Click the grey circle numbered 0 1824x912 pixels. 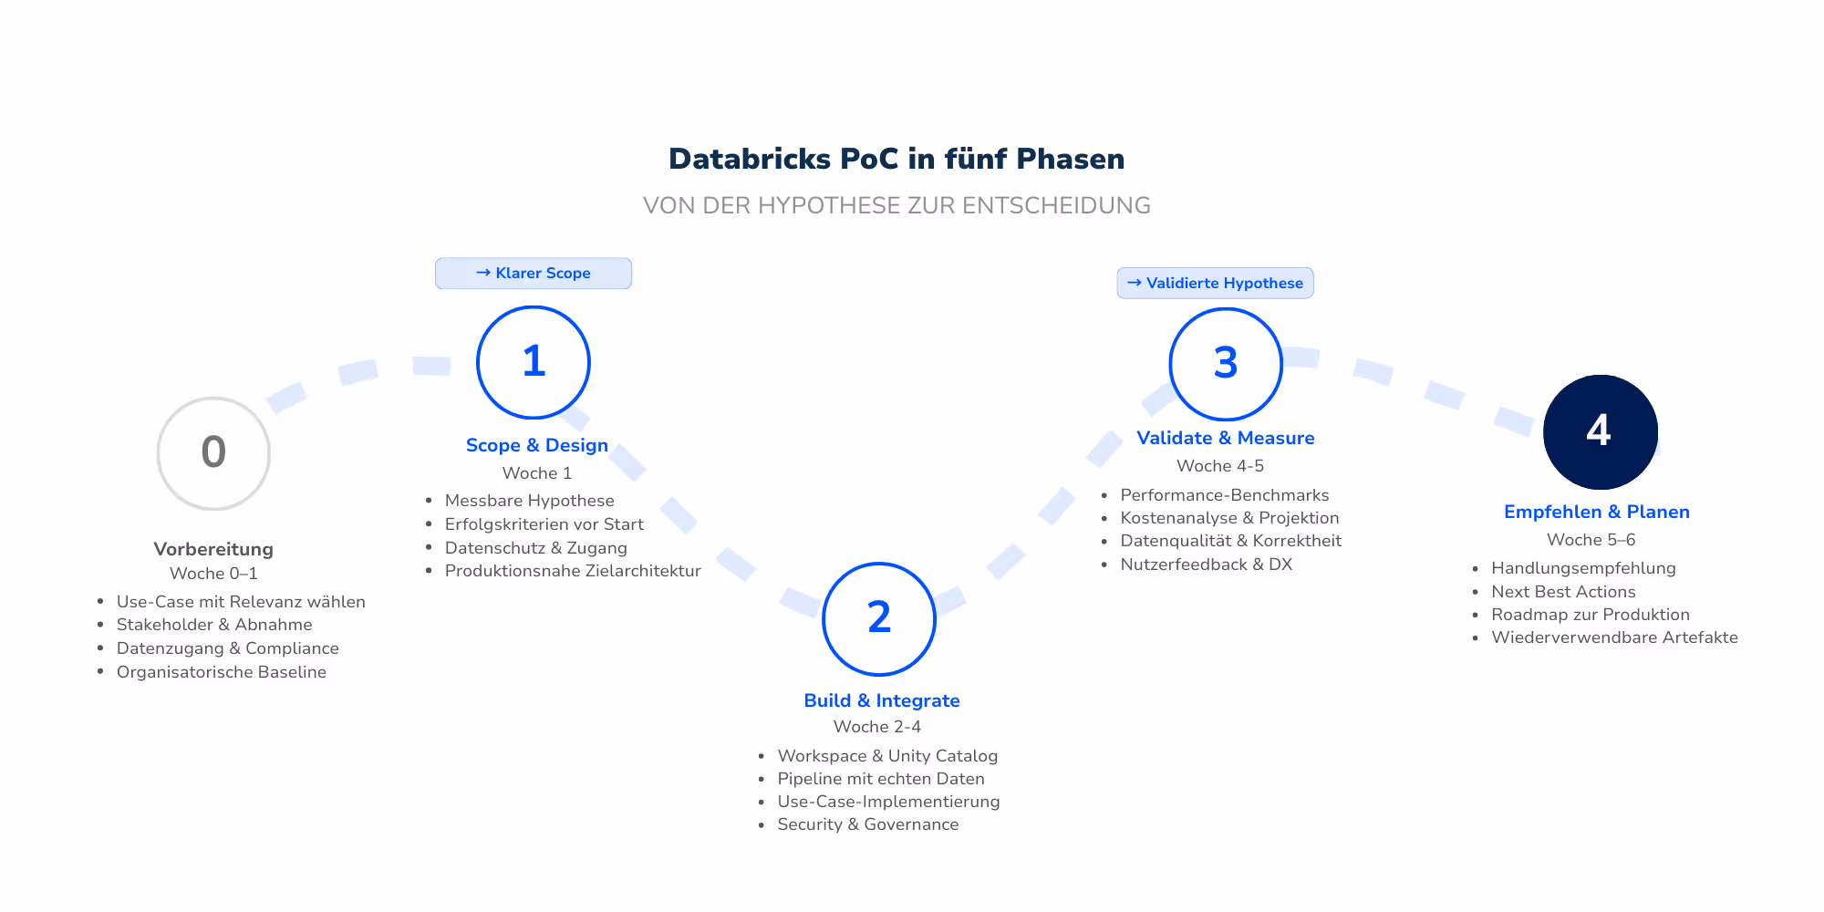coord(213,453)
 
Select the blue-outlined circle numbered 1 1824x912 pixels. coord(534,362)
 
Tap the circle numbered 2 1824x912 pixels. coord(879,619)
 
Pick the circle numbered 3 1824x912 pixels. coord(1226,364)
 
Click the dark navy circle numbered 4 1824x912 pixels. coord(1600,431)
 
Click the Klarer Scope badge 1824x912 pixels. coord(534,274)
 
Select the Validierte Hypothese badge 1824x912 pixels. coord(1215,283)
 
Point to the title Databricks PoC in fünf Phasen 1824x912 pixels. coord(896,159)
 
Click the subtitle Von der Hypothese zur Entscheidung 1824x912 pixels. coord(896,205)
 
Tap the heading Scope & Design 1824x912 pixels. coord(536,445)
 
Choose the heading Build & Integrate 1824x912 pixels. coord(881,700)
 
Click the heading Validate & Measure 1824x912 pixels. coord(1225,438)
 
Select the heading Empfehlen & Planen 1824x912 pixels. coord(1596,512)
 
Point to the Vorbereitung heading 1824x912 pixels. coord(213,549)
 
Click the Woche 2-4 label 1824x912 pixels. coord(877,727)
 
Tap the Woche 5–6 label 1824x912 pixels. coord(1591,540)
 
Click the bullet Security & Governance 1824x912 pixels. coord(867,824)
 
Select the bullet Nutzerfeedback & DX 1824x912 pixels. coord(1206,565)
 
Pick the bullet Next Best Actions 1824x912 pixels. coord(1563,592)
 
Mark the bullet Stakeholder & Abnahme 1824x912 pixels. coord(214,625)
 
